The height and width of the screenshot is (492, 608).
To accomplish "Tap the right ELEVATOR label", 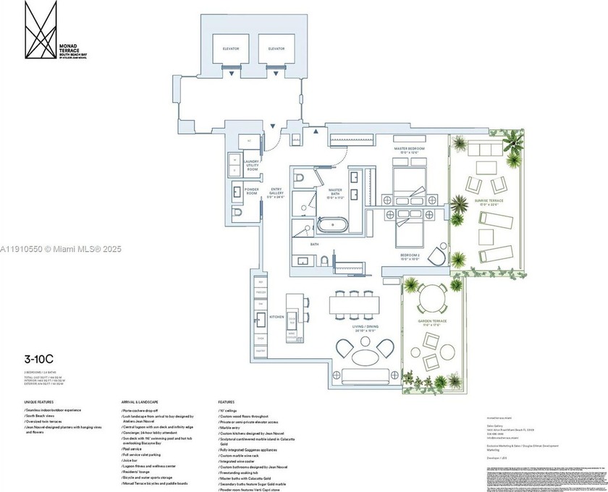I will point(276,48).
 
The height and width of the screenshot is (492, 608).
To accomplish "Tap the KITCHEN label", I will point(276,317).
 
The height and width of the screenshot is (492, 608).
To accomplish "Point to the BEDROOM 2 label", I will point(410,255).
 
